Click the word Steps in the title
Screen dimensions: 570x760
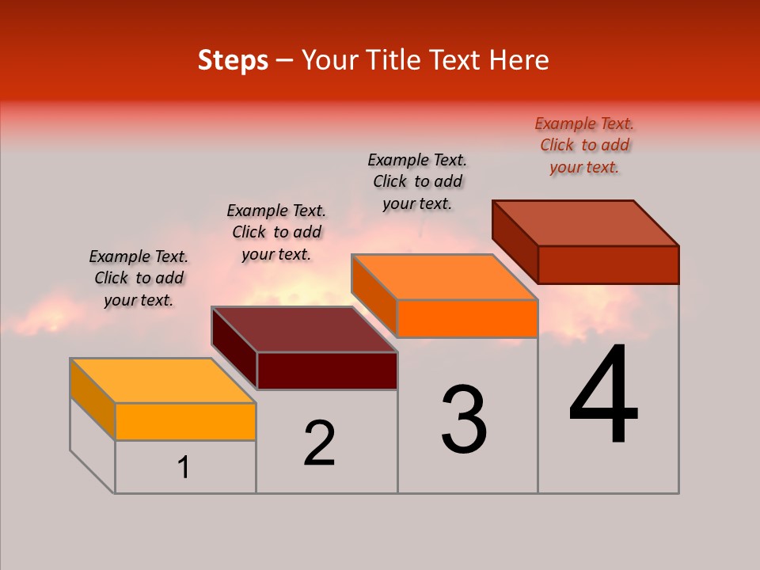233,60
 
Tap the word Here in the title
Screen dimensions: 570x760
519,60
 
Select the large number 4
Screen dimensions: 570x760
603,395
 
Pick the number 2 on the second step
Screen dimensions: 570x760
319,443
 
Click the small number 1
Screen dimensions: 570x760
184,468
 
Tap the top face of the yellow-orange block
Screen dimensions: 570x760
163,381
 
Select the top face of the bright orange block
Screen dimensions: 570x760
445,277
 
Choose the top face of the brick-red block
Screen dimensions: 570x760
586,223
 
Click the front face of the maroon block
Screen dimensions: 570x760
327,371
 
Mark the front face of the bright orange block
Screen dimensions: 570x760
467,318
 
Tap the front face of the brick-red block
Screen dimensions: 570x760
608,264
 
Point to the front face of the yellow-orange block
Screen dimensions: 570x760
185,421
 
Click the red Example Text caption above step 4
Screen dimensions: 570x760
584,145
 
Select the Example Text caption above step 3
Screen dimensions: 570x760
417,181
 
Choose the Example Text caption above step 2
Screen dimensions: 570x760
276,232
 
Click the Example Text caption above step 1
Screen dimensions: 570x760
139,278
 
